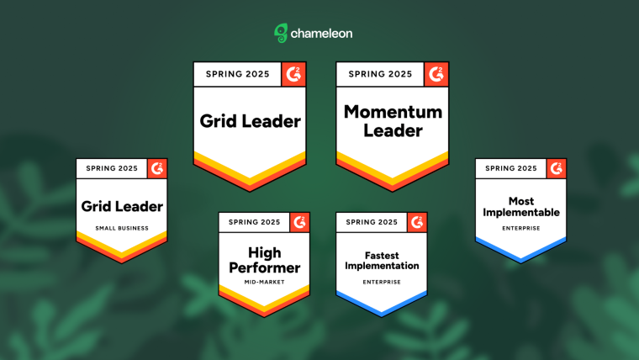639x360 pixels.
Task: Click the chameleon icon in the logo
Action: (x=281, y=33)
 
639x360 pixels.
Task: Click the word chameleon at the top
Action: (x=321, y=34)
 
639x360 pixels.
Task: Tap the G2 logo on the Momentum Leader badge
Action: (x=436, y=74)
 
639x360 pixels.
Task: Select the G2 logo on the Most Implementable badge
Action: (x=557, y=168)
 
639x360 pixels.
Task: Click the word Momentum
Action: (x=393, y=112)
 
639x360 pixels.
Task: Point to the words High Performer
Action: (x=265, y=260)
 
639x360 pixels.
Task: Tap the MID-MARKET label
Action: (x=265, y=282)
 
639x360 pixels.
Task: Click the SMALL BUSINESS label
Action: (x=122, y=228)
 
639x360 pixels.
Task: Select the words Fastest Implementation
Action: (x=382, y=261)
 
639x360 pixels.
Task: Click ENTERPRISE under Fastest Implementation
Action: (x=382, y=282)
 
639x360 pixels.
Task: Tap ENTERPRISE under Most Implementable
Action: (x=520, y=228)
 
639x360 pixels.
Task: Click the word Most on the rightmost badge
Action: (x=521, y=201)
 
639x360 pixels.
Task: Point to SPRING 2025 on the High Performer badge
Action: (x=254, y=222)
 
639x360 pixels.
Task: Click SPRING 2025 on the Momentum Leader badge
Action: (x=380, y=74)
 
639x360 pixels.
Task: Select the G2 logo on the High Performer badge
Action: (x=299, y=222)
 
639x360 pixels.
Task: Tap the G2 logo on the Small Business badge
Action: (x=157, y=168)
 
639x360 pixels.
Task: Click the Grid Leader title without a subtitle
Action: (x=251, y=121)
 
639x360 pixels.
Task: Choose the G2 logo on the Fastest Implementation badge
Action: (x=417, y=222)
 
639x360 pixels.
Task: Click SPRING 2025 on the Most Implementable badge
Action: (x=511, y=168)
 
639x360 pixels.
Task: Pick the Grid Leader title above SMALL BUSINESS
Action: (x=122, y=206)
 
